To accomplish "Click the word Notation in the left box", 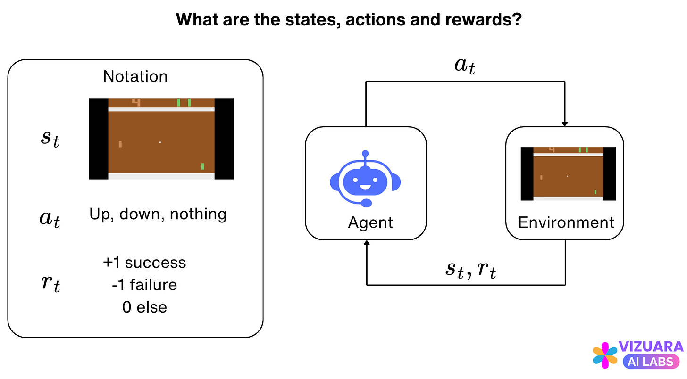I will (135, 76).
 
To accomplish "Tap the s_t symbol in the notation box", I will (49, 140).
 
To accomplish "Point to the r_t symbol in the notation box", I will (49, 285).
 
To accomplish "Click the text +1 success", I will (144, 263).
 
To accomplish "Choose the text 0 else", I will (144, 307).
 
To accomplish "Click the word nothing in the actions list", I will (198, 214).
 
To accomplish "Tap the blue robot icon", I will (365, 179).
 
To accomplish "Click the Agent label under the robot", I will (371, 222).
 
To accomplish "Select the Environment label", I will (566, 222).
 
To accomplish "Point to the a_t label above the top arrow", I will (465, 66).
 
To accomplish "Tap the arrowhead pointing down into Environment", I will (565, 124).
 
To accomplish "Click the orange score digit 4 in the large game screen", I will (136, 102).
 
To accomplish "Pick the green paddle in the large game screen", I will (202, 166).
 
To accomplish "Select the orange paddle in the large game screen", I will (120, 144).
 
